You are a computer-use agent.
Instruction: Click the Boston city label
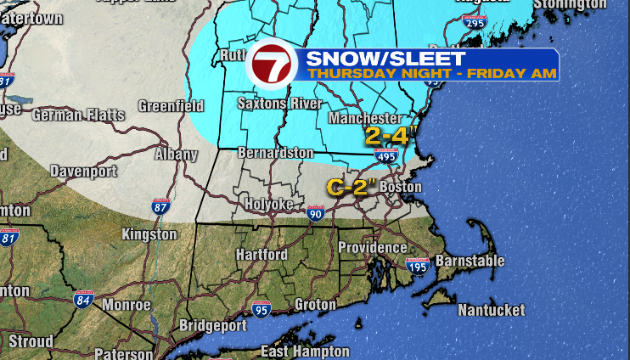coord(401,187)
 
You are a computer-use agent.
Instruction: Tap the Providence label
coord(372,247)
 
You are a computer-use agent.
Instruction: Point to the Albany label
coord(176,155)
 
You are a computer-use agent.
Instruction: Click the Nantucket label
coord(492,311)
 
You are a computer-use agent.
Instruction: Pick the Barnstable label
coord(470,261)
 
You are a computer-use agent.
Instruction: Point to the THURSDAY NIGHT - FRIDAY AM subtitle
coord(432,74)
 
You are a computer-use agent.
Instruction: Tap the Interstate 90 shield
coord(315,212)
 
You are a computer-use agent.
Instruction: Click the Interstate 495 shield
coord(384,155)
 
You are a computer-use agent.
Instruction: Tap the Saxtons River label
coord(279,104)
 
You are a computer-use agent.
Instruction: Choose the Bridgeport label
coord(213,325)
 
